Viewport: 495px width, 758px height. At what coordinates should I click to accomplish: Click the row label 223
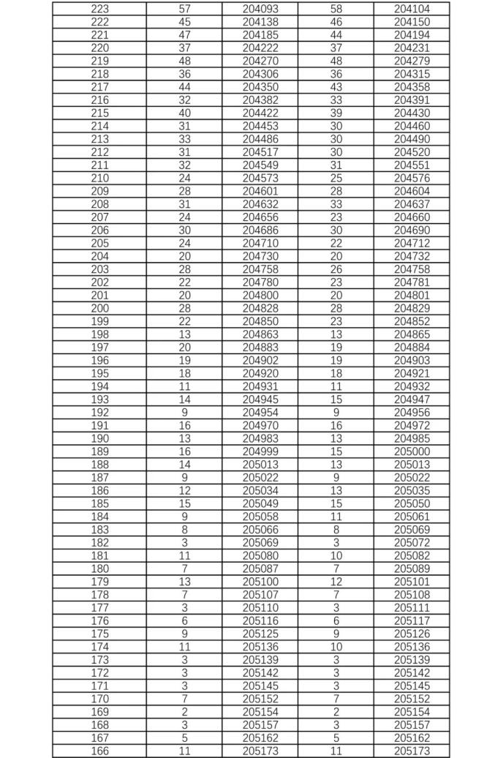tap(99, 9)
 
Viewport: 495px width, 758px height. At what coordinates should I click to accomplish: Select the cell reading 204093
tap(260, 9)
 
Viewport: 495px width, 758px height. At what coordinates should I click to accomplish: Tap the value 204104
tap(412, 9)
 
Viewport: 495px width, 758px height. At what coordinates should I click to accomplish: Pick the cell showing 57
tap(184, 9)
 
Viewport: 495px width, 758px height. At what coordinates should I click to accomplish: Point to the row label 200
tap(99, 308)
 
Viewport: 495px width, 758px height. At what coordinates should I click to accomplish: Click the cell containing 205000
tap(412, 451)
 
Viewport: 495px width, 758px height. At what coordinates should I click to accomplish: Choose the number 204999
tap(260, 451)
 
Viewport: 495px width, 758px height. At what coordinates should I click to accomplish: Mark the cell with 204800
tap(260, 295)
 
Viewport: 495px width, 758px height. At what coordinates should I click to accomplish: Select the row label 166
tap(99, 751)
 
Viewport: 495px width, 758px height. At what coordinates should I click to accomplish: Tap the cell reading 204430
tap(412, 113)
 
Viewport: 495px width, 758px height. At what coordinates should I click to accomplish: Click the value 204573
tap(260, 178)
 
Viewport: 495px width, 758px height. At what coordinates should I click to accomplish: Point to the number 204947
tap(412, 399)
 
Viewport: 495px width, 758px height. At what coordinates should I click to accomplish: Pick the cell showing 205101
tap(412, 582)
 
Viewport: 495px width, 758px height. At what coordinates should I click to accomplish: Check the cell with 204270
tap(260, 61)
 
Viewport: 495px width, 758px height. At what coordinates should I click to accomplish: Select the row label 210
tap(99, 178)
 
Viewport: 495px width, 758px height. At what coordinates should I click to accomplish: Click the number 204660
tap(412, 217)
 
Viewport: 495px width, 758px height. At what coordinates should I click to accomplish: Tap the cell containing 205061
tap(412, 517)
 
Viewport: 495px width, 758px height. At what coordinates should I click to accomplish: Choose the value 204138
tap(260, 22)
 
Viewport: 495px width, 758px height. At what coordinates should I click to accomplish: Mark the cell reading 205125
tap(260, 634)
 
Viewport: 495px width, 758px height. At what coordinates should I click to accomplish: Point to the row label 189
tap(99, 451)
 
